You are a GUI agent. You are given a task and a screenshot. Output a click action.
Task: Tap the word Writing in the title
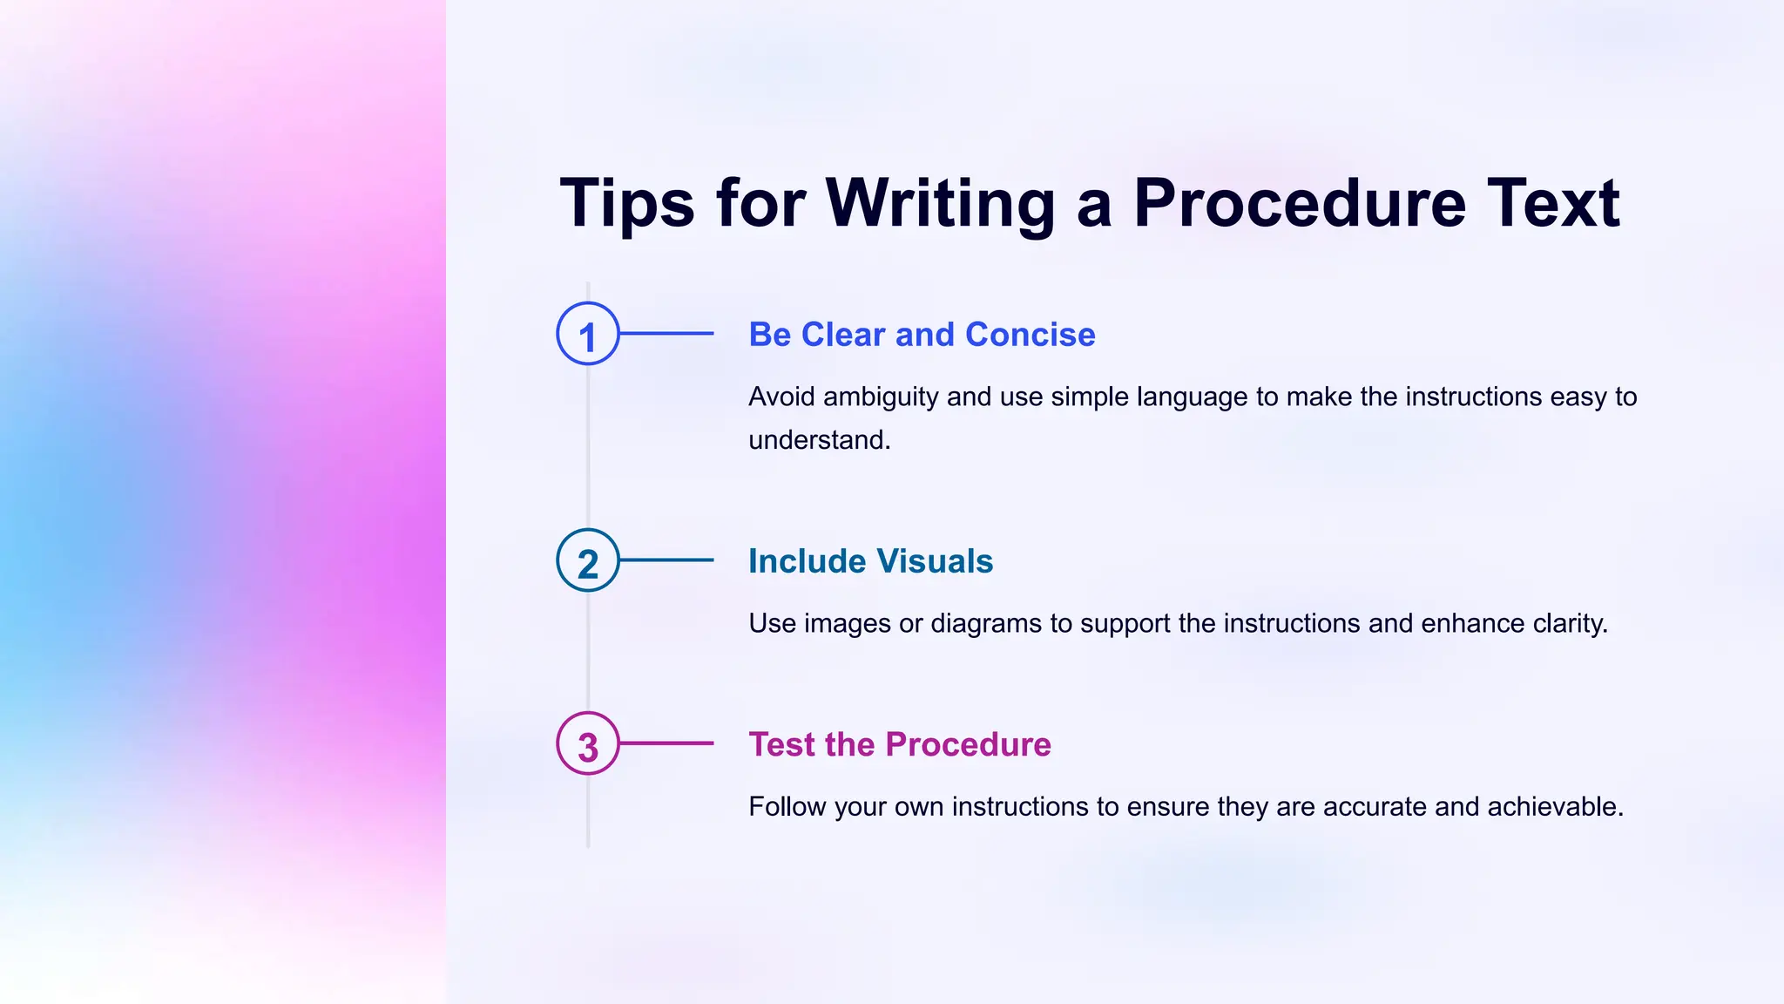click(x=940, y=203)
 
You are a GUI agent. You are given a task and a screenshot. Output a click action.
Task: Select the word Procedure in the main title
click(x=1299, y=203)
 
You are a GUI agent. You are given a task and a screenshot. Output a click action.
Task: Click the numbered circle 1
click(x=588, y=334)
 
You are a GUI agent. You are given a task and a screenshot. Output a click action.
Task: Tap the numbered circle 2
click(x=588, y=560)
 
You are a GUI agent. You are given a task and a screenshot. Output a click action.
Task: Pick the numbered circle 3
click(x=588, y=743)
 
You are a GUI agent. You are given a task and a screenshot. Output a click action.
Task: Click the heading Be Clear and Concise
click(x=922, y=335)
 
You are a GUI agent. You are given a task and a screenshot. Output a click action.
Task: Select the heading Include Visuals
click(x=870, y=561)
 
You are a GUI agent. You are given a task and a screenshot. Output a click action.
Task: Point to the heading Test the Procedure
click(x=900, y=744)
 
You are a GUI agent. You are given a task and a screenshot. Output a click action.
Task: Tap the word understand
click(x=819, y=440)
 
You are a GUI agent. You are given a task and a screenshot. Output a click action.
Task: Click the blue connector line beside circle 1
click(x=666, y=334)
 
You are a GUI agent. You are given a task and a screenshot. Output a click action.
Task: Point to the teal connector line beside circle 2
click(x=666, y=560)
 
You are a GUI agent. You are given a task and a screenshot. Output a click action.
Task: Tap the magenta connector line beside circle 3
click(x=666, y=743)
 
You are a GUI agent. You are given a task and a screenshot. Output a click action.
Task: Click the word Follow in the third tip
click(x=787, y=807)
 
